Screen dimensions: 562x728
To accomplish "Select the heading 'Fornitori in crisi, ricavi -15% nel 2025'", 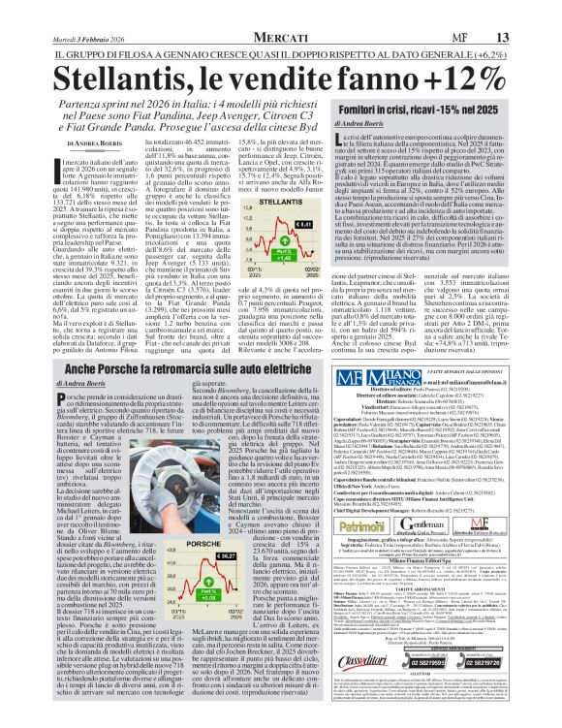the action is (x=419, y=112).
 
